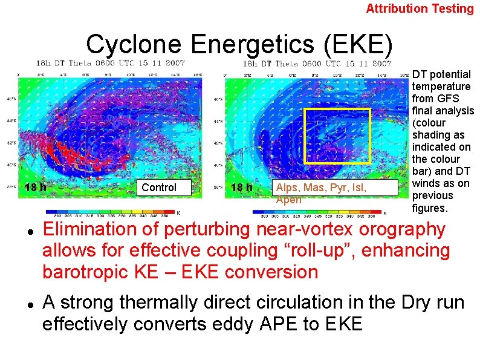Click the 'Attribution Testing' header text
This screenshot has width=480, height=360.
[420, 8]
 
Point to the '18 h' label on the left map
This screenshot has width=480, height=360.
[36, 188]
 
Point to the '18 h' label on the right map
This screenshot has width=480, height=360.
[242, 188]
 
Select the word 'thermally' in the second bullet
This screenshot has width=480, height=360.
[159, 302]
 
